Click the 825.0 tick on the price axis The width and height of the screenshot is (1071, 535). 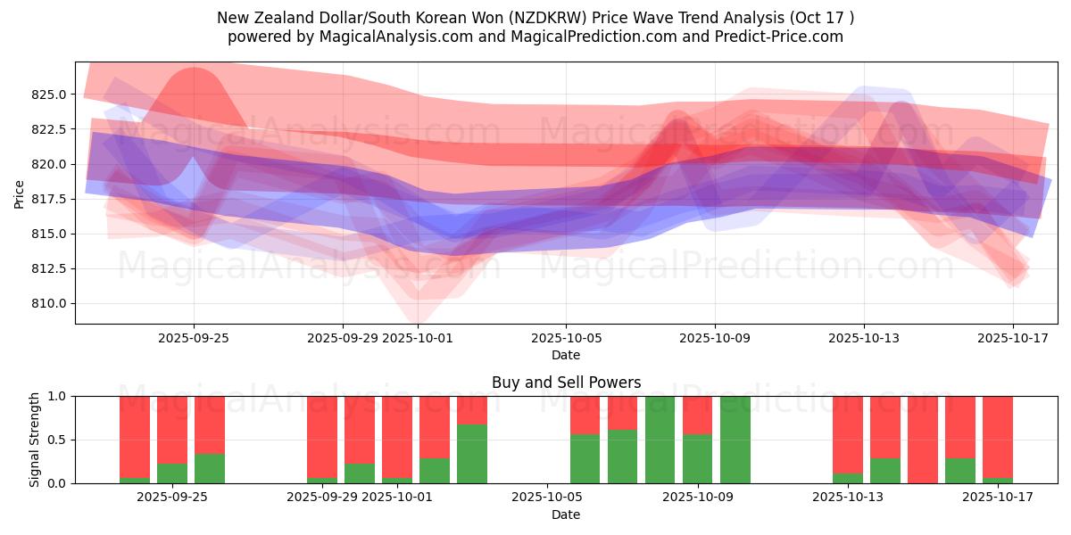point(51,95)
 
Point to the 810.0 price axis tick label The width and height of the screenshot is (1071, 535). point(51,303)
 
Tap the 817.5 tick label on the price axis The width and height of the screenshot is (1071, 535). point(51,199)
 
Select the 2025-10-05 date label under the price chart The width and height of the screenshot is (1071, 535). point(565,338)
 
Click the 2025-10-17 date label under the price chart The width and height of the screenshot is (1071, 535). point(1013,338)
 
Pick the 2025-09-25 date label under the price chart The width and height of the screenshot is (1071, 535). point(194,338)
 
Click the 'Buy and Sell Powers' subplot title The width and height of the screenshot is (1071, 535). point(566,383)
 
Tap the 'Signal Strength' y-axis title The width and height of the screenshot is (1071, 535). point(35,440)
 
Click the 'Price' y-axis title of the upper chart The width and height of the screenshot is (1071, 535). point(20,193)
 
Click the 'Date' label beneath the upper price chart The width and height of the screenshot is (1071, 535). point(566,355)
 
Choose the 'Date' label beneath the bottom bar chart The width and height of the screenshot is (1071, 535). point(566,514)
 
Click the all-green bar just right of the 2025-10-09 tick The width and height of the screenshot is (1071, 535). point(735,440)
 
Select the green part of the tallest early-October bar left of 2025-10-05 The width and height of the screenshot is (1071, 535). point(472,455)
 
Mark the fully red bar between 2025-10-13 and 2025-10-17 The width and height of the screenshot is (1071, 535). point(923,440)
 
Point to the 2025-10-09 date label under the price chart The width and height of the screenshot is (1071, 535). point(714,338)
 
